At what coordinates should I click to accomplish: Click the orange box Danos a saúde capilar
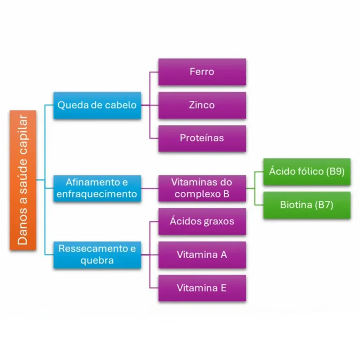point(23,180)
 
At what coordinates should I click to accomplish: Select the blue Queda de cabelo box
point(97,105)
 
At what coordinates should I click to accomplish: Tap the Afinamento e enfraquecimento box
point(97,188)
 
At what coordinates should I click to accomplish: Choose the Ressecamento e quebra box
point(97,255)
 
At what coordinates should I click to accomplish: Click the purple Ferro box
point(202,72)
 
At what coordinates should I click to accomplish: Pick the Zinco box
point(202,105)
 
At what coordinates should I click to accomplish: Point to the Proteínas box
point(202,138)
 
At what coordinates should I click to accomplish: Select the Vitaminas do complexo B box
point(202,188)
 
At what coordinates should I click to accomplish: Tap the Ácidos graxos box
point(202,221)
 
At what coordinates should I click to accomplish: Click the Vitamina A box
point(202,255)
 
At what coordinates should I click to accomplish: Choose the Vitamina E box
point(202,288)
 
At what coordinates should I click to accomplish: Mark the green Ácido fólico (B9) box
point(307,172)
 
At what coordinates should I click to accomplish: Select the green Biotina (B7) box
point(307,205)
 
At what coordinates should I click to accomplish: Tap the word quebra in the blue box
point(97,261)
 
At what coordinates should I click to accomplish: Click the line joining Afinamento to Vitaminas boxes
point(150,189)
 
